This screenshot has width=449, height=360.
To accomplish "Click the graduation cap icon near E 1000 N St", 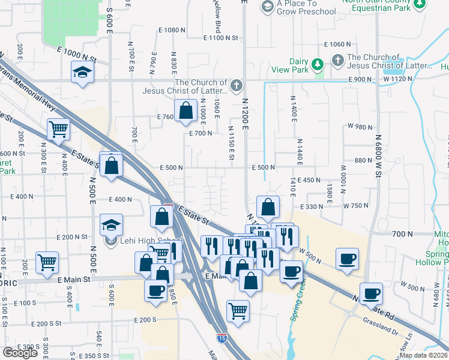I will [82, 73].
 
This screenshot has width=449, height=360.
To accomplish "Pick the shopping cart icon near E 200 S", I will [238, 311].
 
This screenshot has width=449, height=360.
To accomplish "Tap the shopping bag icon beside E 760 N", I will [186, 110].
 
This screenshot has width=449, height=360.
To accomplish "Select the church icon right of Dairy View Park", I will [338, 60].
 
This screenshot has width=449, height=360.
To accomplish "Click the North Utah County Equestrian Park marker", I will [420, 5].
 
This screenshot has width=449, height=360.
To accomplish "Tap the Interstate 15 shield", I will [221, 347].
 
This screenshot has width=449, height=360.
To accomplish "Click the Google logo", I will [20, 352].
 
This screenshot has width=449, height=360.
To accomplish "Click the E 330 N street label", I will [311, 206].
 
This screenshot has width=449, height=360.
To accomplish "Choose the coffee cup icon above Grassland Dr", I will [370, 294].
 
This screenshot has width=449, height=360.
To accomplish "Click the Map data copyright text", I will [423, 355].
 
